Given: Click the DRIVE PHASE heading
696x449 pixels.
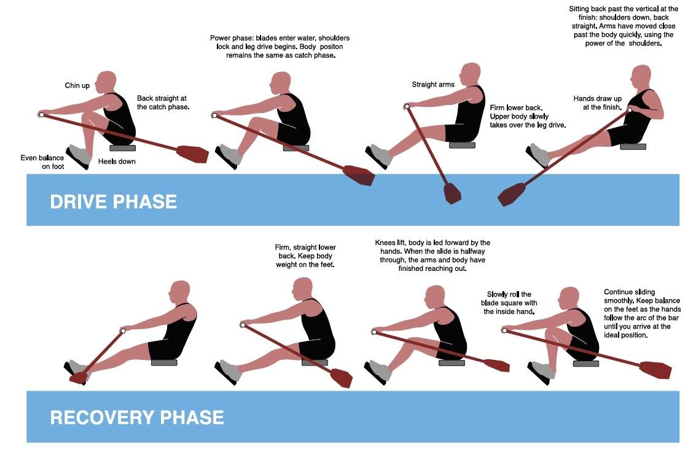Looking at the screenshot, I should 113,201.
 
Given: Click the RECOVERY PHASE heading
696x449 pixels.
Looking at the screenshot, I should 136,418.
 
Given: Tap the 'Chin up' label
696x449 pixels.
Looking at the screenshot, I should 77,85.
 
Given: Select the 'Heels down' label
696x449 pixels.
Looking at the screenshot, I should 117,162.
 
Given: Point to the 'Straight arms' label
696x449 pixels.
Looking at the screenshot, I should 433,85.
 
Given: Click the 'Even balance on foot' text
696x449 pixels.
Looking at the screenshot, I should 42,162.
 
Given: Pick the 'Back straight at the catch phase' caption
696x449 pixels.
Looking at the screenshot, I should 163,102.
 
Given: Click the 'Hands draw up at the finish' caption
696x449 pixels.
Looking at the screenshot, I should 597,103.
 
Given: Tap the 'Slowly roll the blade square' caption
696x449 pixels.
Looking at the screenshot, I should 510,303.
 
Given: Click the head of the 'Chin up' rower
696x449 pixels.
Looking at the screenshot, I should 106,82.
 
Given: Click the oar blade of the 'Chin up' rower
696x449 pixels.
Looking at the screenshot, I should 192,154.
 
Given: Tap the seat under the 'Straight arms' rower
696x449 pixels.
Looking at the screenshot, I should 462,146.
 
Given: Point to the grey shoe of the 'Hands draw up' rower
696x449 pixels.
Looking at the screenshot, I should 539,154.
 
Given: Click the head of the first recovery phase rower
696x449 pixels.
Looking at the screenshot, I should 179,291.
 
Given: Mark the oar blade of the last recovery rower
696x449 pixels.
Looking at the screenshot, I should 655,370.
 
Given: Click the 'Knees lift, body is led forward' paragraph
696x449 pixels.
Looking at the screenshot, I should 432,256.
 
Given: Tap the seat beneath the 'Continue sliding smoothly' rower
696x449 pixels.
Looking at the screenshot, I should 585,364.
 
